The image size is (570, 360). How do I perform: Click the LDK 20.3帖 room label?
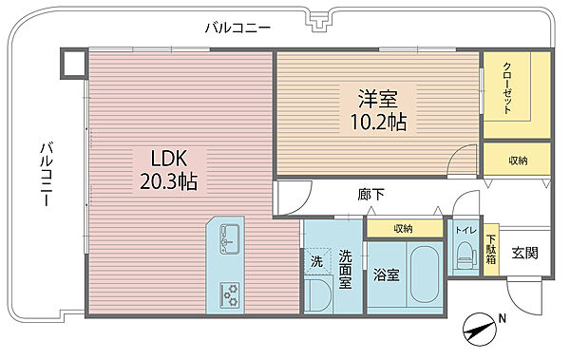[x=169, y=169]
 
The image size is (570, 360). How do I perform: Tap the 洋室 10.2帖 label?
[x=378, y=109]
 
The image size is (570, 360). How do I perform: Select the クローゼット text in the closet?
[x=507, y=88]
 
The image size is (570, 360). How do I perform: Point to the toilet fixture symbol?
[x=466, y=255]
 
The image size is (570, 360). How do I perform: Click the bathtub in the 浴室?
[x=425, y=272]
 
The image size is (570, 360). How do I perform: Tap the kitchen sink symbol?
[x=230, y=238]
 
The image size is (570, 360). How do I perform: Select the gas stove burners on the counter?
[x=230, y=294]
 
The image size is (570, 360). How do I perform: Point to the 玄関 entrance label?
[x=525, y=253]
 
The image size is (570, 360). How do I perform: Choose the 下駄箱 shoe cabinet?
[x=491, y=250]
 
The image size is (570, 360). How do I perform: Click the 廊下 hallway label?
[x=370, y=195]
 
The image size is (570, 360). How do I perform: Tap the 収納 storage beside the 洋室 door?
[x=518, y=160]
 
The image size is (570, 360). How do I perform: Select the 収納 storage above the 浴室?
[x=404, y=228]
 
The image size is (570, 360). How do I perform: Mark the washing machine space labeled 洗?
[x=317, y=260]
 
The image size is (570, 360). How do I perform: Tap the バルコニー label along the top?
[x=237, y=28]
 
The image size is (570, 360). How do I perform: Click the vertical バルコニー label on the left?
[x=47, y=174]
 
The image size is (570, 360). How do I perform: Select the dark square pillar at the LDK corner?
[x=73, y=64]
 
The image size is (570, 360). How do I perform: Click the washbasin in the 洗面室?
[x=317, y=295]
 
